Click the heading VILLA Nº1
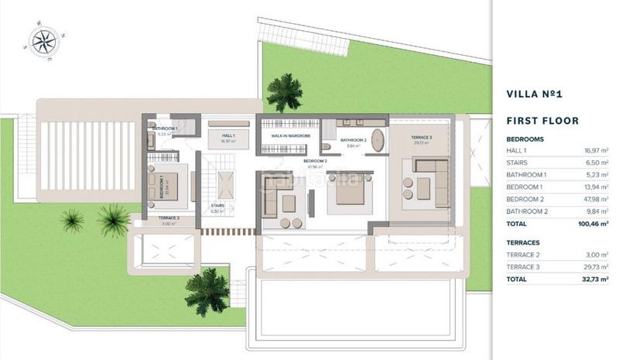533,94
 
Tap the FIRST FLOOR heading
542,121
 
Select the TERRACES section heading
524,242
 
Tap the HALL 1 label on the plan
227,135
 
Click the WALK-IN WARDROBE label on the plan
290,135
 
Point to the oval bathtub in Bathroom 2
378,140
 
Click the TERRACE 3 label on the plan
421,137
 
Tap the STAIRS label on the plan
217,206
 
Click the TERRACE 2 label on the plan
169,219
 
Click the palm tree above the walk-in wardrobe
284,92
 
